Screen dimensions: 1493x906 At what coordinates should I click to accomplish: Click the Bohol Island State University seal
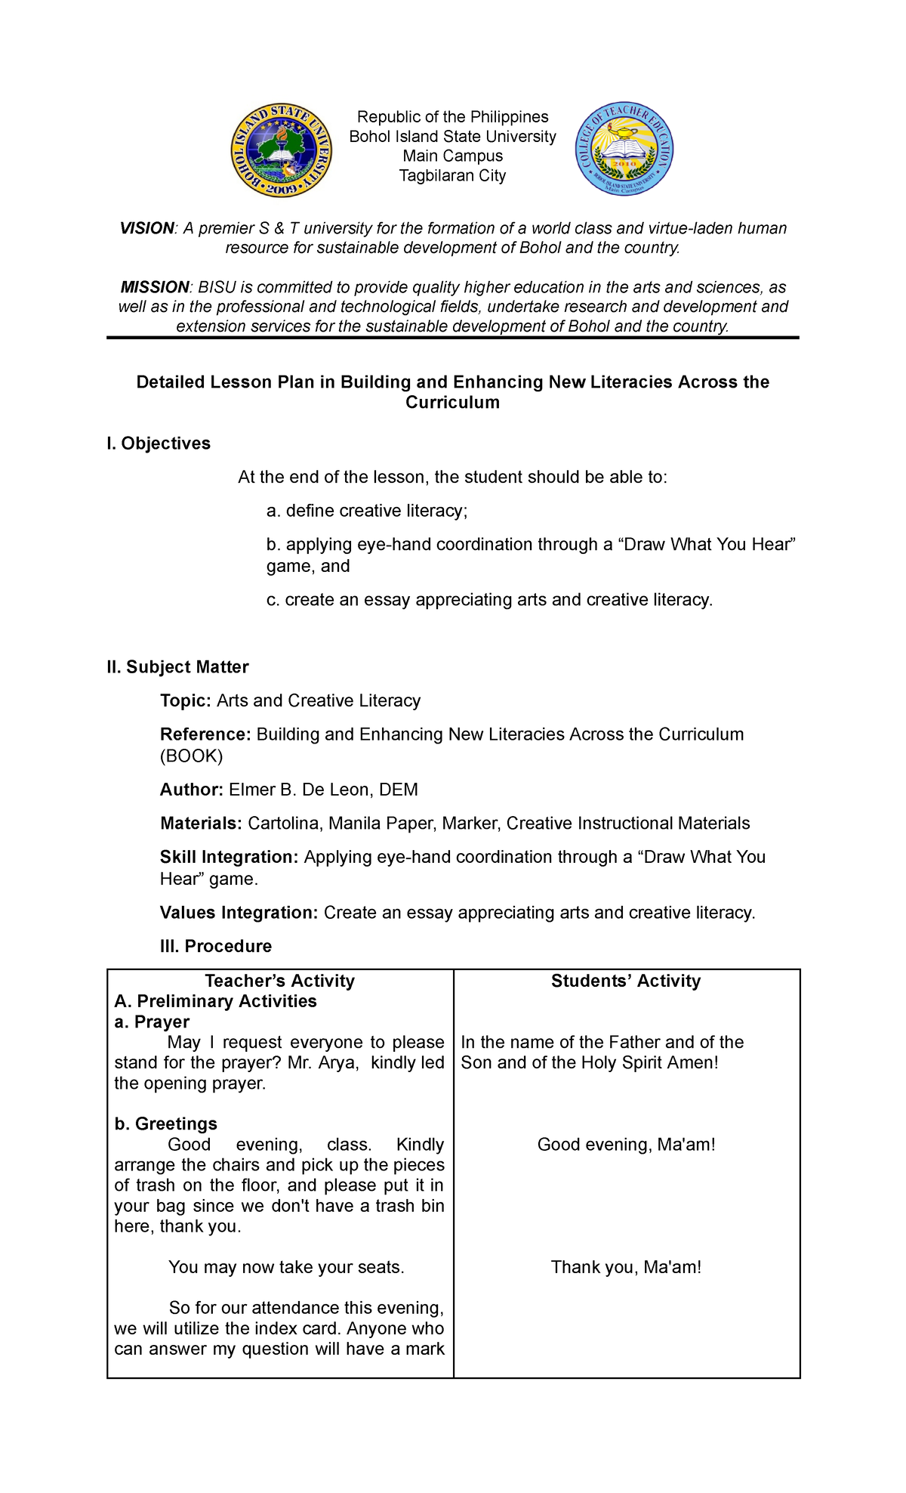click(x=281, y=151)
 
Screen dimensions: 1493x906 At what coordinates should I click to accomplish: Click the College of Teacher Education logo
click(x=624, y=150)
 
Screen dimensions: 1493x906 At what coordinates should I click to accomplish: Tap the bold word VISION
click(x=147, y=228)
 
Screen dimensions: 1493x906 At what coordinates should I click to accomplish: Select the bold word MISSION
click(x=155, y=287)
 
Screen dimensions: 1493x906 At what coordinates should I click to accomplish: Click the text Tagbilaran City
click(x=452, y=175)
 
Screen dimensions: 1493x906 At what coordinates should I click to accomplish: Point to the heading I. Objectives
click(x=159, y=444)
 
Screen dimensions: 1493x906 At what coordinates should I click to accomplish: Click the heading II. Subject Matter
click(x=177, y=667)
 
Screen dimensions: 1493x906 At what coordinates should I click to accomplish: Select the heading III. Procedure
click(x=215, y=946)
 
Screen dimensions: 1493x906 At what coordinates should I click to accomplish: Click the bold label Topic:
click(x=186, y=700)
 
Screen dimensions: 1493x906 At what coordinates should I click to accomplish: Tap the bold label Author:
click(x=191, y=790)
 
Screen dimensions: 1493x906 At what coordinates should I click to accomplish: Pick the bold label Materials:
click(x=201, y=823)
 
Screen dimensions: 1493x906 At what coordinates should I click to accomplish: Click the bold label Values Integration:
click(x=239, y=913)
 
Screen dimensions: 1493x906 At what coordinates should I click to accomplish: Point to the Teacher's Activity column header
click(x=279, y=981)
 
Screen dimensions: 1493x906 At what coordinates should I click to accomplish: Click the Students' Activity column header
click(x=626, y=981)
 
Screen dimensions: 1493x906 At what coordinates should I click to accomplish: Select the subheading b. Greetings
click(x=165, y=1124)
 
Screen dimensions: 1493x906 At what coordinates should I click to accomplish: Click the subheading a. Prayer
click(x=152, y=1022)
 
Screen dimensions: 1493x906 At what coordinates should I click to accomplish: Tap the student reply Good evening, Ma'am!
click(x=626, y=1145)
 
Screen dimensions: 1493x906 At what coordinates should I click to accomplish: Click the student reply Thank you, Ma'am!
click(x=626, y=1267)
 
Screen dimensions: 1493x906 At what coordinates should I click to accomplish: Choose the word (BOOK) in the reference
click(x=191, y=756)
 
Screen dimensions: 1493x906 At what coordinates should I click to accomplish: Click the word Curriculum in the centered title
click(x=452, y=403)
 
